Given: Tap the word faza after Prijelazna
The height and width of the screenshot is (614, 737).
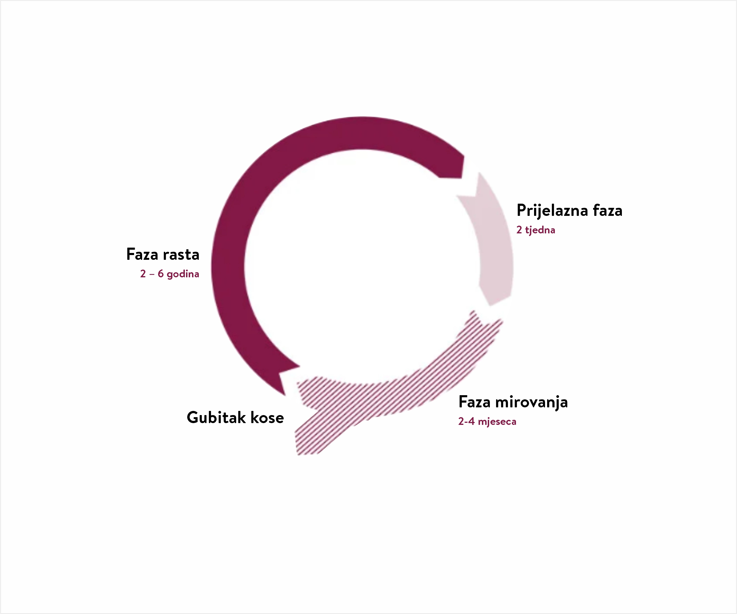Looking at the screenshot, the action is [608, 211].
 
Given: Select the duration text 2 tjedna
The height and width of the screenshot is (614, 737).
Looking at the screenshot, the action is [536, 230].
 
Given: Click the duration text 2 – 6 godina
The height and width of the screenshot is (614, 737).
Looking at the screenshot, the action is [169, 274].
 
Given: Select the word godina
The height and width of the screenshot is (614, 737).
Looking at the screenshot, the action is [183, 274].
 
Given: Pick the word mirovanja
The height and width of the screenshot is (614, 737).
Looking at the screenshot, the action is [531, 403].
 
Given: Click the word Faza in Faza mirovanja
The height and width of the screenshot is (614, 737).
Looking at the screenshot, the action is [474, 402].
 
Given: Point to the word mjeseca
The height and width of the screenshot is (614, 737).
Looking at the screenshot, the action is [497, 422].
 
